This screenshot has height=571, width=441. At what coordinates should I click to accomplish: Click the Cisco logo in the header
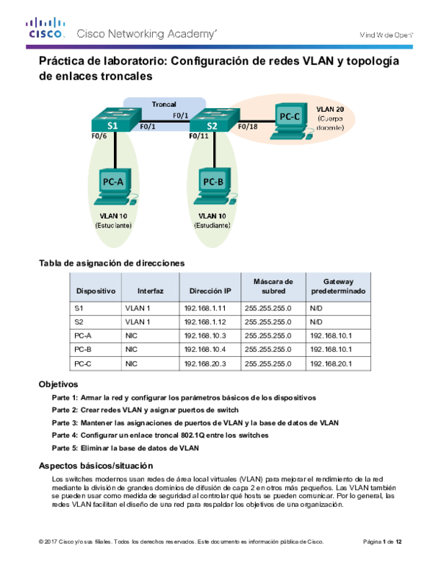[x=46, y=29]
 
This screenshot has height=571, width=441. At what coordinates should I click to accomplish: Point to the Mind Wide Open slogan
[x=386, y=35]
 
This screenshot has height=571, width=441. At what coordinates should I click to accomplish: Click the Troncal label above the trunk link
[x=163, y=104]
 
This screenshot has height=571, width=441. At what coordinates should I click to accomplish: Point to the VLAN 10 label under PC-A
[x=113, y=216]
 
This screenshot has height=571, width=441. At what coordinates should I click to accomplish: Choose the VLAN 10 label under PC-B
[x=213, y=216]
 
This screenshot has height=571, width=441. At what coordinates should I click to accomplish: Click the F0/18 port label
[x=248, y=127]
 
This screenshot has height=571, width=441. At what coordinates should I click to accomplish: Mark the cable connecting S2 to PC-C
[x=254, y=119]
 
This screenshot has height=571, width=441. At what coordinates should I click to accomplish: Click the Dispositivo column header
[x=96, y=291]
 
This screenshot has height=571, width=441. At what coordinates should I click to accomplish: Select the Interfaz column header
[x=150, y=291]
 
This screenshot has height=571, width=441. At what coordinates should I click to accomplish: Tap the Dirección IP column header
[x=210, y=291]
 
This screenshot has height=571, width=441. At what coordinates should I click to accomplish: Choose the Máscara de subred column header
[x=273, y=285]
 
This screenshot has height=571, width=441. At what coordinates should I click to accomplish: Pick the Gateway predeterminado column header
[x=338, y=285]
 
